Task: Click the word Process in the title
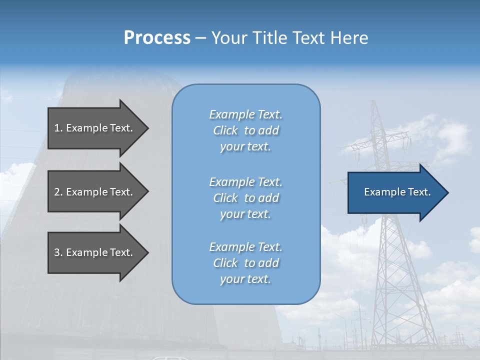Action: pos(157,38)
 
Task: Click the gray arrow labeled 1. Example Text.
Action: pos(95,128)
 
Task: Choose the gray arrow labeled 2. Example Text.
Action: pos(95,192)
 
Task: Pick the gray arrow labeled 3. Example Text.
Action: pos(95,252)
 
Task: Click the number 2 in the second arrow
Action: pos(56,192)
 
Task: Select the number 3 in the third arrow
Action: pos(56,252)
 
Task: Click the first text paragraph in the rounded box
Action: pos(245,130)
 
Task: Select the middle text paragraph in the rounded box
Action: pos(245,198)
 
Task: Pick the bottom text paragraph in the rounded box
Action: pos(245,263)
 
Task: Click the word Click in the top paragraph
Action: pos(225,130)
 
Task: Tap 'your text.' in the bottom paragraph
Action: pos(245,279)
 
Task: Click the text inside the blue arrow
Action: pos(397,192)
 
